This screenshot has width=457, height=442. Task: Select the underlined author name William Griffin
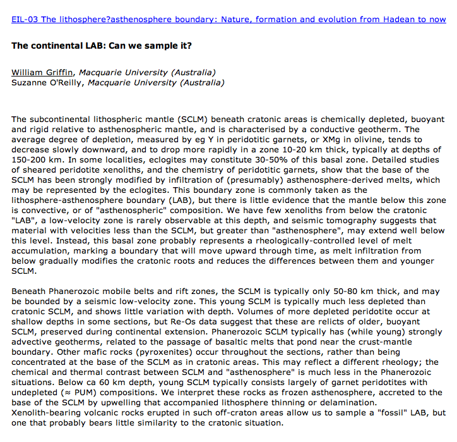[x=43, y=72]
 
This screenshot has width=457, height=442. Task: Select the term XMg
[x=319, y=139]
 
